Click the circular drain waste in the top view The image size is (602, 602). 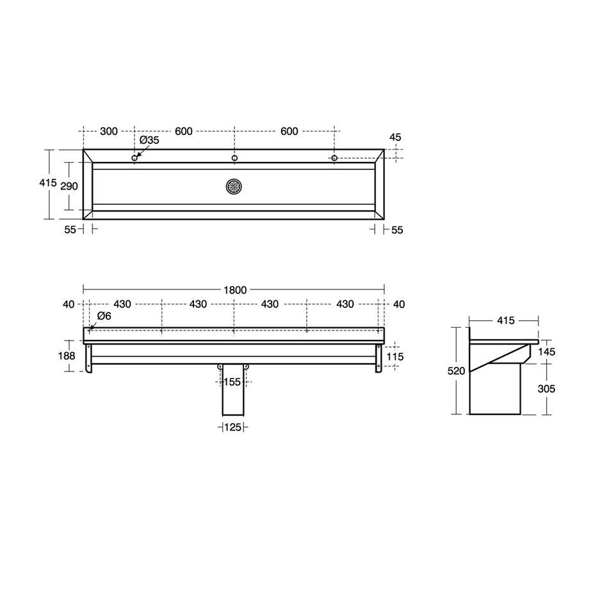point(234,186)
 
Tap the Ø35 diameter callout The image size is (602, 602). point(149,140)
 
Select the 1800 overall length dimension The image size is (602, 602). point(235,290)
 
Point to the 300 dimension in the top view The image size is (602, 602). point(109,131)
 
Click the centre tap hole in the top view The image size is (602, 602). point(234,158)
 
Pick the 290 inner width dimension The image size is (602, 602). point(69,186)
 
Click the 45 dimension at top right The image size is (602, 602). point(395,137)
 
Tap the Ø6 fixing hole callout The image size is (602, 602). point(104,316)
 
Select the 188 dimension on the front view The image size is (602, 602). point(67,356)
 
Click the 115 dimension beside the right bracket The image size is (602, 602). point(395,357)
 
